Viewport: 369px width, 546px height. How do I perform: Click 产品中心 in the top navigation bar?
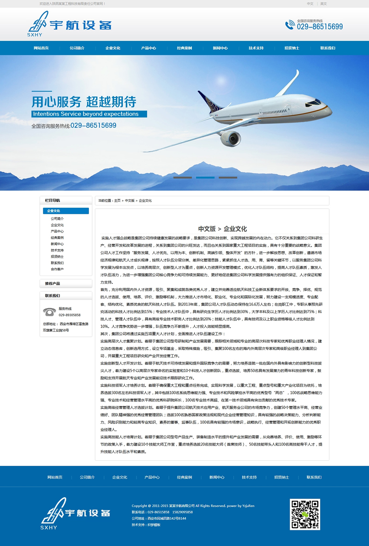(x=149, y=48)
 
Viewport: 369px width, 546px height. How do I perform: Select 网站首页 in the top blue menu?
(x=41, y=48)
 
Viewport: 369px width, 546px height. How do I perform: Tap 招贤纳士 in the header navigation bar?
(x=292, y=48)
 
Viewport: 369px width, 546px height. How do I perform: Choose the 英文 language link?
(x=323, y=4)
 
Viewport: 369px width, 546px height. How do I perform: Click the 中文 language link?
(x=310, y=4)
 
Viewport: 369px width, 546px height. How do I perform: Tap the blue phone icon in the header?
(x=290, y=25)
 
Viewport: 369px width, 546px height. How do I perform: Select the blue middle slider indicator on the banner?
(x=205, y=177)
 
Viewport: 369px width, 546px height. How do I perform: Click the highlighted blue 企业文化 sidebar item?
(x=65, y=211)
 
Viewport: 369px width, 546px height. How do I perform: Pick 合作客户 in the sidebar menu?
(x=57, y=269)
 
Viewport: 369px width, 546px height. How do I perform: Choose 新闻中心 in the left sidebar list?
(x=57, y=244)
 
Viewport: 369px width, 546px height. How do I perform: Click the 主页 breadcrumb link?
(x=117, y=200)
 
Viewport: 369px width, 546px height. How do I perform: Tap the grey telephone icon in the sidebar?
(x=49, y=311)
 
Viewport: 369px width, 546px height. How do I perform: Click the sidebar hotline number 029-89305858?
(x=70, y=315)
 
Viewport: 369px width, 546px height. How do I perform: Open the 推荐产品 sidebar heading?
(x=52, y=283)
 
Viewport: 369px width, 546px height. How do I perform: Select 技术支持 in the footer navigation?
(x=249, y=477)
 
